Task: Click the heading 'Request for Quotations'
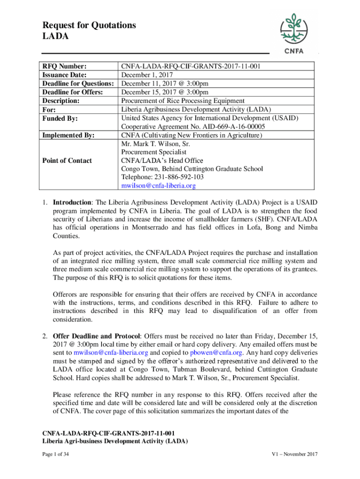[x=89, y=25]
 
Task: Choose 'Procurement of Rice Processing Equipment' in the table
[x=183, y=101]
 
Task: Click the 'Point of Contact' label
[x=67, y=160]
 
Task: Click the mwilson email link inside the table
[x=158, y=186]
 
